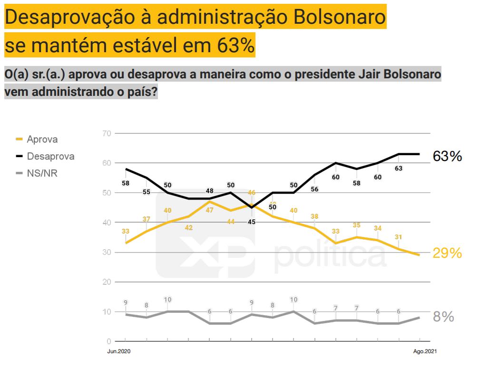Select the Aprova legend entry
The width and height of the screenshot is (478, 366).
click(x=42, y=140)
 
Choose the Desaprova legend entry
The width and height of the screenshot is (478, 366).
click(x=50, y=156)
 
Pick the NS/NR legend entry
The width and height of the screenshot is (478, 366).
click(x=42, y=173)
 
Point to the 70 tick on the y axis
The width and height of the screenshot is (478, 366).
click(x=107, y=133)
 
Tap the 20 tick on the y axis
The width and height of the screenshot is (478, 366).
click(x=107, y=282)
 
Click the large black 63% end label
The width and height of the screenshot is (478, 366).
click(x=447, y=156)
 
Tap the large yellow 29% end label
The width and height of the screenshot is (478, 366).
click(x=447, y=253)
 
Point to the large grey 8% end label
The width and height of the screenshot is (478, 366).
click(x=443, y=317)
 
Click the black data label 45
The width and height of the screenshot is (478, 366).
click(x=252, y=222)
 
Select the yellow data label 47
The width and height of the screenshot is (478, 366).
click(x=210, y=210)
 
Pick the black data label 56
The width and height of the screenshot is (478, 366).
click(x=314, y=188)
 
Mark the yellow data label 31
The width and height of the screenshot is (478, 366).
click(x=399, y=237)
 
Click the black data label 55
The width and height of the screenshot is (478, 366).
click(x=146, y=192)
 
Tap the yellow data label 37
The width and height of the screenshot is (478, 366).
click(x=146, y=219)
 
